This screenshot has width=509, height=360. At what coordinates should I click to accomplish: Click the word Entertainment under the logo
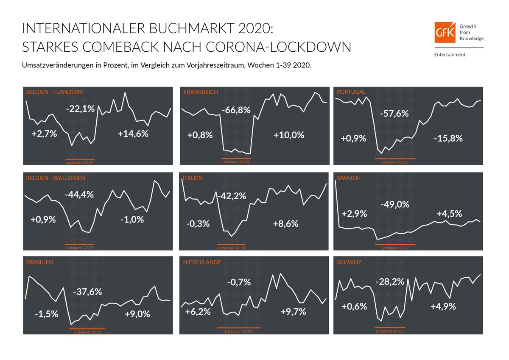(450, 54)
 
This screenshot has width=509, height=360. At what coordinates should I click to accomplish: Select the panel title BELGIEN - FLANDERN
(54, 92)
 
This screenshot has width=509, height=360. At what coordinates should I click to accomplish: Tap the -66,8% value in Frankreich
(236, 111)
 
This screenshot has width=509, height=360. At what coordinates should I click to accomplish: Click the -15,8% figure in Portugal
(448, 138)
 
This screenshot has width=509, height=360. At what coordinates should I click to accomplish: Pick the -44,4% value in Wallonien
(79, 195)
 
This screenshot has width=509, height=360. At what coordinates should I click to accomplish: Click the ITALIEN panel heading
(193, 178)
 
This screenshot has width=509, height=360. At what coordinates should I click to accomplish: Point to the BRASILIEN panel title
(39, 262)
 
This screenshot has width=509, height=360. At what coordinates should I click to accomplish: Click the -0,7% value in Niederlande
(239, 282)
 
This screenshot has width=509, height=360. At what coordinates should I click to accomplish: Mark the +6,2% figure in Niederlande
(198, 312)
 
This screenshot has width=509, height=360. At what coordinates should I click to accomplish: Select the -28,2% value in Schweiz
(389, 281)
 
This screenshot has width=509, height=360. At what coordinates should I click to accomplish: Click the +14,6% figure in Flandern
(133, 134)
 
